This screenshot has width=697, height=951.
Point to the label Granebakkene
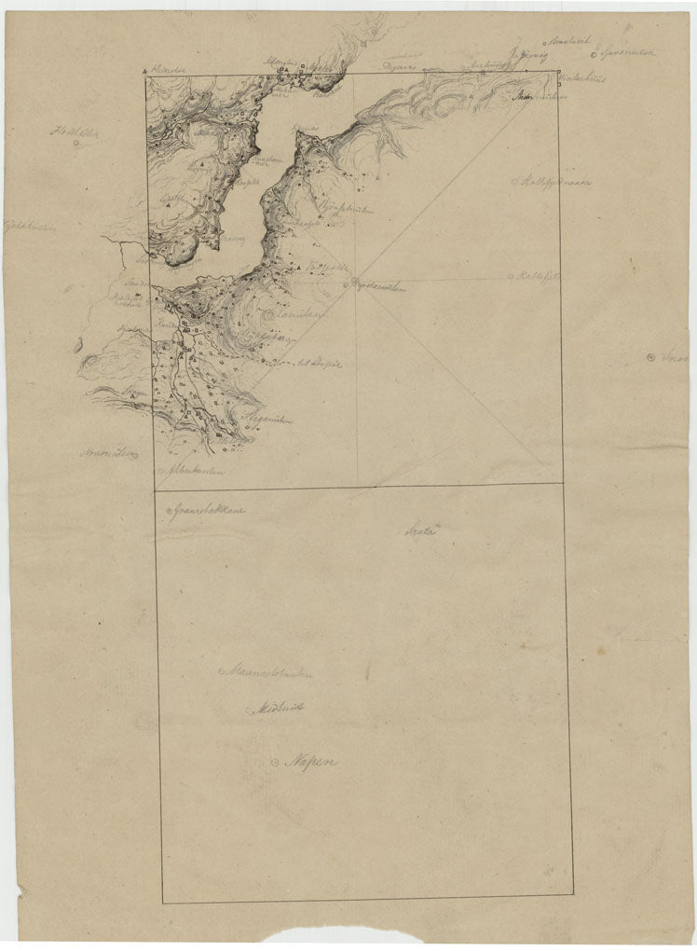tap(203, 511)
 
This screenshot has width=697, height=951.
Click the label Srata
tap(420, 530)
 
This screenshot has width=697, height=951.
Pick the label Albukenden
tap(198, 472)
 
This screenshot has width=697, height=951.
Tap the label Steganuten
tap(269, 420)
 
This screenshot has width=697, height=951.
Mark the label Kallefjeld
tap(538, 276)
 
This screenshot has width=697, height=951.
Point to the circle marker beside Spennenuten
tap(594, 54)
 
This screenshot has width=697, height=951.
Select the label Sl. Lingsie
tap(318, 364)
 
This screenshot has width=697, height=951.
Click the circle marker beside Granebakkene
tap(164, 512)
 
